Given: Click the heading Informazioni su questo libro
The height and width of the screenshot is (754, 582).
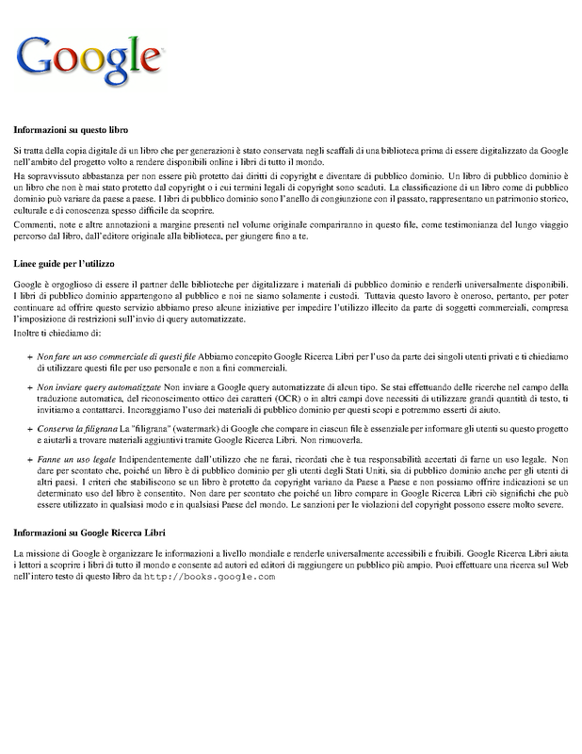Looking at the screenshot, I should [71, 129].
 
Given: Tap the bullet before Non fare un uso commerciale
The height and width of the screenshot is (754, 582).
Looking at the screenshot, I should [30, 356].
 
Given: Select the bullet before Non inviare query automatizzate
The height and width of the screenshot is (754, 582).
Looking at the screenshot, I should [30, 388].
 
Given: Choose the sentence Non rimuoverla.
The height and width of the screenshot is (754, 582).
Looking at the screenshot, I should [334, 441].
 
